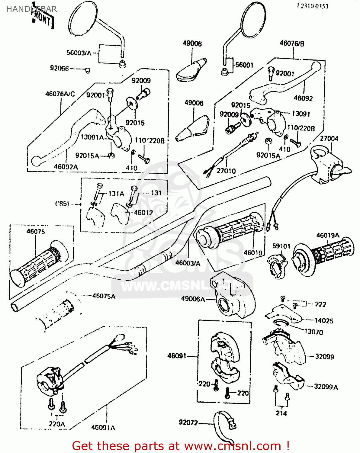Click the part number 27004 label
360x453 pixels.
click(x=329, y=139)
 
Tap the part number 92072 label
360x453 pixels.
click(x=188, y=422)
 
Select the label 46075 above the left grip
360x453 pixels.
click(x=36, y=232)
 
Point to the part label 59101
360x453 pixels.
click(x=281, y=246)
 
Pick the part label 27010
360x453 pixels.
click(x=226, y=171)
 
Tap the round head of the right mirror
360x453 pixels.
click(x=253, y=20)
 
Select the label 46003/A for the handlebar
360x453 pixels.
click(x=188, y=263)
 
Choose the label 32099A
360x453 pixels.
click(x=326, y=387)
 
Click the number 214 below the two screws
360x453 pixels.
click(x=281, y=413)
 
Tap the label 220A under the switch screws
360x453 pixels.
click(x=57, y=424)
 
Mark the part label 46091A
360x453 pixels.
click(x=103, y=427)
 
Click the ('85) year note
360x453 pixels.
click(x=62, y=204)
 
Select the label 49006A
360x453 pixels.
click(x=193, y=299)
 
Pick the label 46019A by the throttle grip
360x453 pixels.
click(x=328, y=235)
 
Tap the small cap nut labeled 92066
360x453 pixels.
click(x=88, y=71)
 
